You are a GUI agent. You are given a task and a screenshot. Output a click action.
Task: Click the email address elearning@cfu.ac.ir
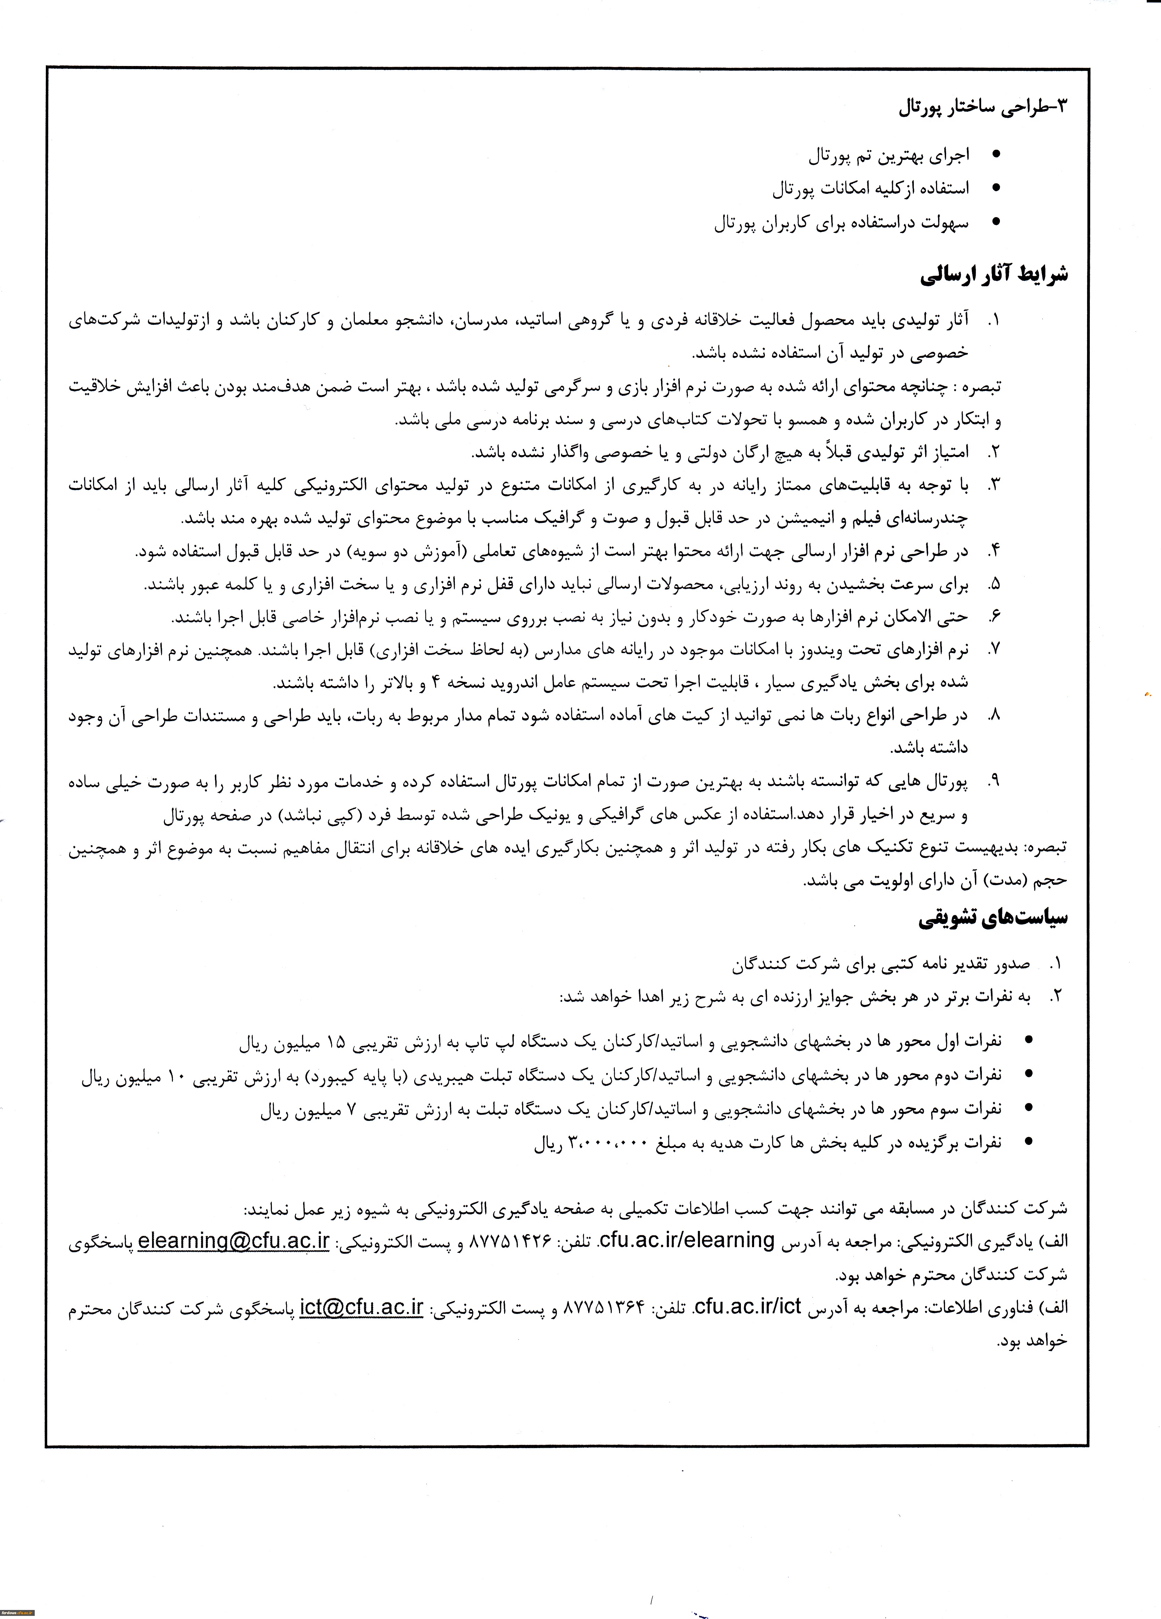pos(233,1241)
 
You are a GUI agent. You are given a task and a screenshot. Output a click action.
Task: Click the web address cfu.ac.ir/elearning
pos(686,1241)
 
